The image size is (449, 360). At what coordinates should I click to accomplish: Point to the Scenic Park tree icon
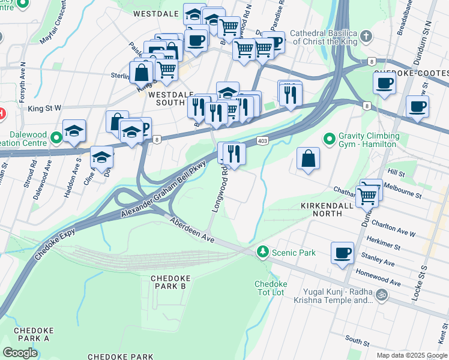[262, 253]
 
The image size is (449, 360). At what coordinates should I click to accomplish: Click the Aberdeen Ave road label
[191, 230]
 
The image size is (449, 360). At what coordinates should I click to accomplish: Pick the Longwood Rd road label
[219, 188]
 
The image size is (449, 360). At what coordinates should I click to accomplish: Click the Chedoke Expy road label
[58, 243]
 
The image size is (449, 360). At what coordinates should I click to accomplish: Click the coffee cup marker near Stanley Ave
[343, 253]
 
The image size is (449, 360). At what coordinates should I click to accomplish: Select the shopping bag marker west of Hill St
[308, 160]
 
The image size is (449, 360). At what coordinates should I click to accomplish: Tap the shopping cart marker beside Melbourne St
[367, 195]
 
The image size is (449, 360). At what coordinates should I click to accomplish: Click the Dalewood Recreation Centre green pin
[56, 139]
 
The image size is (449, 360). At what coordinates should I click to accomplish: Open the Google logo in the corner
[20, 352]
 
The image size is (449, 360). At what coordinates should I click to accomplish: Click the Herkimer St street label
[385, 246]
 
